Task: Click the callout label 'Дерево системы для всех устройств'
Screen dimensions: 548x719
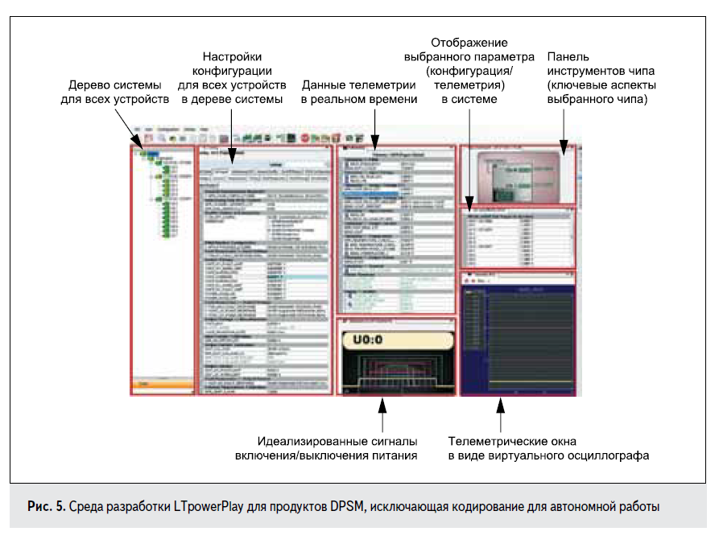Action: point(114,93)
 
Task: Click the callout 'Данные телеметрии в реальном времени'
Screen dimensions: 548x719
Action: point(359,93)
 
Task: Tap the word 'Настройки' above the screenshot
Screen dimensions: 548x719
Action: point(232,57)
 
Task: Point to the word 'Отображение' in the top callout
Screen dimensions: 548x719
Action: point(469,42)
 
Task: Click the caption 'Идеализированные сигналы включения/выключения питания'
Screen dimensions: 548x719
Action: point(337,448)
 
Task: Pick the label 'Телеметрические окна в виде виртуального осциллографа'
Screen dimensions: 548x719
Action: point(548,448)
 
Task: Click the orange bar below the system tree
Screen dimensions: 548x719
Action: point(162,385)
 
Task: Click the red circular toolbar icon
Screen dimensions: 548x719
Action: point(306,138)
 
